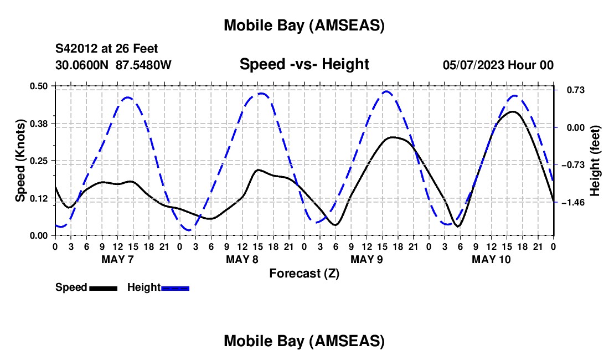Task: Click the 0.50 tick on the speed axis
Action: [39, 86]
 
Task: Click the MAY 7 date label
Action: [117, 259]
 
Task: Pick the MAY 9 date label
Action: [367, 259]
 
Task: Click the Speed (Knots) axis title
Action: [20, 161]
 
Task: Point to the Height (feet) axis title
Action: [595, 161]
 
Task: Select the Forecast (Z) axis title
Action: [304, 273]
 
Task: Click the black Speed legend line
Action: [103, 288]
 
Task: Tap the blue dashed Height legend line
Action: [175, 288]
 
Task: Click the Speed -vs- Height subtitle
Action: [304, 64]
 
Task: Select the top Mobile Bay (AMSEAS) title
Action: [304, 25]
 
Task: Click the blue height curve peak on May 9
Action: [387, 91]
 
